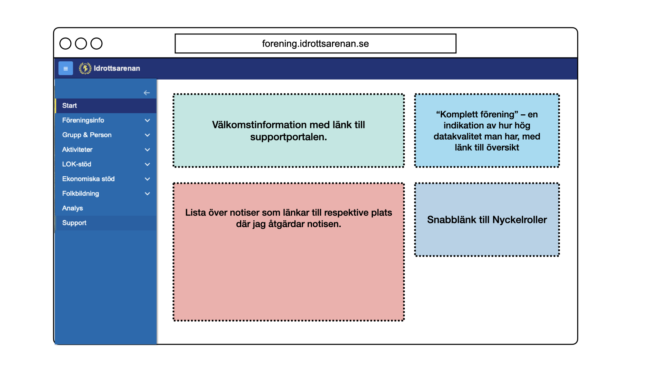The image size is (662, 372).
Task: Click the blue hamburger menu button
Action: tap(66, 68)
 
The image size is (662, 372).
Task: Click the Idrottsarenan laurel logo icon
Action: tap(85, 68)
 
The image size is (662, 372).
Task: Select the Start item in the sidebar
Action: tap(70, 106)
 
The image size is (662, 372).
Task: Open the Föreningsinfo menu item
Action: tap(83, 120)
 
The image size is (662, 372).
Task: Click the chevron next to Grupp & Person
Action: tap(147, 135)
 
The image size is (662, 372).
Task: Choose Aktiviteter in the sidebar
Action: tap(77, 149)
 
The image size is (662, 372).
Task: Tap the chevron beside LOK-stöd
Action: tap(147, 164)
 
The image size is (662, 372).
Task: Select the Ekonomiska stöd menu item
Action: tap(88, 179)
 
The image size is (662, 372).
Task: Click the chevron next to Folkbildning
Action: tap(147, 194)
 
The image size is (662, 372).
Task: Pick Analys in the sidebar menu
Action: tap(72, 208)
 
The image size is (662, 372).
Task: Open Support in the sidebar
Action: tap(74, 223)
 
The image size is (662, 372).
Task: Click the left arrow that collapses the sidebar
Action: tap(147, 93)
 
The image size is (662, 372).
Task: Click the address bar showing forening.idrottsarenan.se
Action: tap(315, 44)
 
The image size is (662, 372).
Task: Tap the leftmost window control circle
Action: tap(66, 44)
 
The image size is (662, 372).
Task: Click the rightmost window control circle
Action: tap(97, 44)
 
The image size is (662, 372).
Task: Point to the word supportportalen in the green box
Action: tap(288, 137)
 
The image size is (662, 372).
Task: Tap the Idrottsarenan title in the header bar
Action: tap(117, 68)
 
